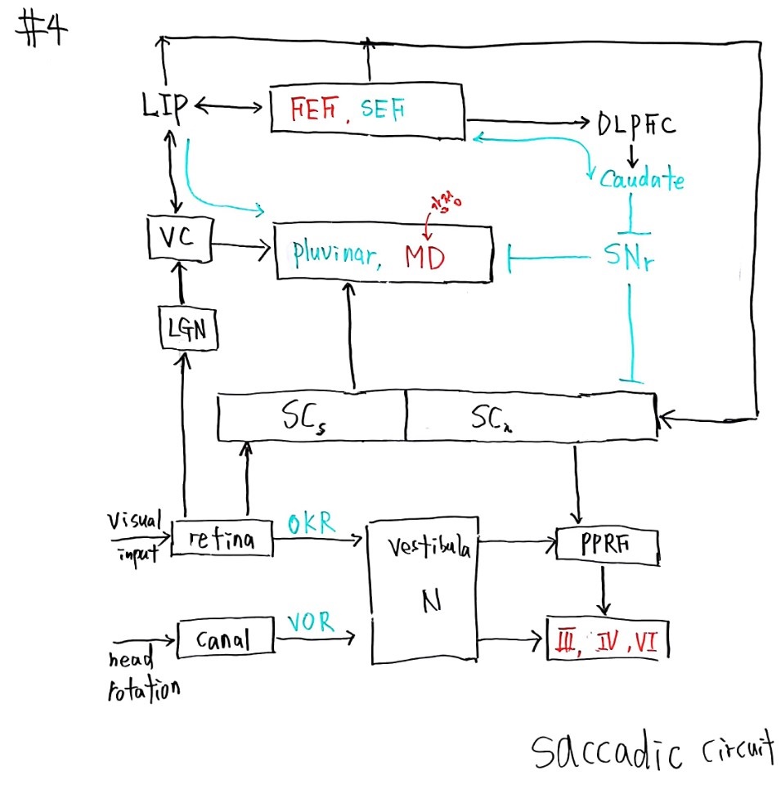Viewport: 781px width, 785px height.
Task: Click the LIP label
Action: [164, 106]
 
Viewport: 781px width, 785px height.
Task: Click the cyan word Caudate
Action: [641, 179]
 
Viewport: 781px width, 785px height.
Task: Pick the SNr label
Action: [628, 259]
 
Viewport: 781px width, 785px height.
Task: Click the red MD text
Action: [424, 258]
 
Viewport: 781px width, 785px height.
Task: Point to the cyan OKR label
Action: [312, 524]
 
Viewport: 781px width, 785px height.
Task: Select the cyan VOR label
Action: [311, 622]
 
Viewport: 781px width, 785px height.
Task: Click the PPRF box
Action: [607, 545]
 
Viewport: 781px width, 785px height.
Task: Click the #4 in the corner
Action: [41, 33]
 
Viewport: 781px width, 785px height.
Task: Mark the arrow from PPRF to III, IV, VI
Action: [604, 589]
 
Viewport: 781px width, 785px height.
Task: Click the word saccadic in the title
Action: [605, 750]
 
